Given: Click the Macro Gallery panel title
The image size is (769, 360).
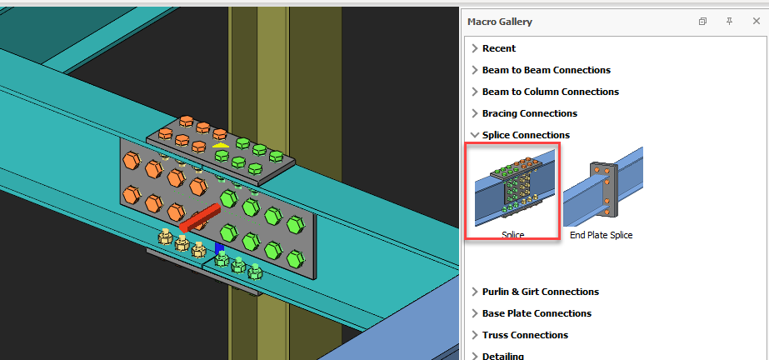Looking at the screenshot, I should (500, 22).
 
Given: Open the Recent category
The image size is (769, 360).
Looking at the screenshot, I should (498, 48).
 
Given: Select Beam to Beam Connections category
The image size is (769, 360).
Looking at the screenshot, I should (546, 70).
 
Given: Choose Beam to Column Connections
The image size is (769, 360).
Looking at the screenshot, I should (550, 92).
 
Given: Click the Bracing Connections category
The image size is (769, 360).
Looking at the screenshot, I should (529, 113).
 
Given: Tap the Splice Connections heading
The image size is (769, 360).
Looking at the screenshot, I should (526, 135).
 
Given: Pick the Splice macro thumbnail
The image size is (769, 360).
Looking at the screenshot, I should (512, 187).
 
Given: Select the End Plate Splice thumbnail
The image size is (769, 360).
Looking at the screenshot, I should (602, 187).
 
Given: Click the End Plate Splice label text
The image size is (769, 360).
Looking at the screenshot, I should (601, 236).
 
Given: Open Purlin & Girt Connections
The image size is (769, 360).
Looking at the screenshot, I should (540, 292).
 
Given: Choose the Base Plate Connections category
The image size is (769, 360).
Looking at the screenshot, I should (537, 313).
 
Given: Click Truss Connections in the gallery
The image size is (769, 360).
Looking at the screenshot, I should (525, 335).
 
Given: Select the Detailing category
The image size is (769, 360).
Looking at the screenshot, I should (503, 356).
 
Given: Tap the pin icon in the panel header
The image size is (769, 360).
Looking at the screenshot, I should (729, 22).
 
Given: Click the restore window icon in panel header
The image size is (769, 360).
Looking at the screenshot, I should (702, 22).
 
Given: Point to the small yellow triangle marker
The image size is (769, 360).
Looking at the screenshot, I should (220, 146).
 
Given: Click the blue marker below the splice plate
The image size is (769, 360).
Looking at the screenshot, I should (219, 247).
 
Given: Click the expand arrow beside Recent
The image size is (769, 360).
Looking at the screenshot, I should (474, 48).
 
